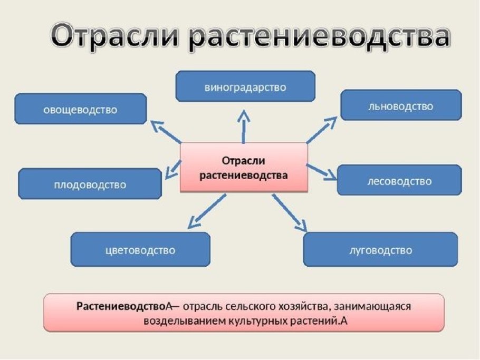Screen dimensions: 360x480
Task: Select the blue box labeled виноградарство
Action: click(x=245, y=86)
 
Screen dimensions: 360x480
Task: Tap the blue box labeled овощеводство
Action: click(x=80, y=109)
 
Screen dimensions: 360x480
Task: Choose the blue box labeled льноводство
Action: click(x=401, y=105)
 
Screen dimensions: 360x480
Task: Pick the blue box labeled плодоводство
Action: click(x=90, y=184)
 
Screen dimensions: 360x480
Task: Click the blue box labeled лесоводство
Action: click(x=399, y=180)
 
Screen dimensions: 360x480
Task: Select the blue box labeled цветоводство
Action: click(x=140, y=250)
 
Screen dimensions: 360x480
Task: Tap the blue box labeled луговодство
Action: click(x=380, y=249)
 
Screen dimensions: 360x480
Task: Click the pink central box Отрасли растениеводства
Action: click(x=244, y=167)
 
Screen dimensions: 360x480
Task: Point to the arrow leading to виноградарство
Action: click(x=244, y=127)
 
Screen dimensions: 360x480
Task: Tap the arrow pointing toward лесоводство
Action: click(x=322, y=172)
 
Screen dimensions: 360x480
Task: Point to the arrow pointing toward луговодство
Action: click(x=289, y=213)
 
